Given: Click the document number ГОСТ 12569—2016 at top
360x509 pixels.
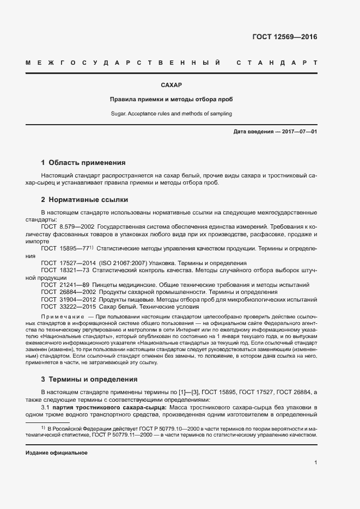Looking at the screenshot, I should [x=284, y=37].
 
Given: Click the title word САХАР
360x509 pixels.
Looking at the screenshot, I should [x=171, y=85].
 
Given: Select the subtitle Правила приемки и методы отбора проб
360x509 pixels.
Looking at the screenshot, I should [x=171, y=100].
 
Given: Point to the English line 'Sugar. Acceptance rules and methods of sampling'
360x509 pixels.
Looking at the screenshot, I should [x=171, y=114].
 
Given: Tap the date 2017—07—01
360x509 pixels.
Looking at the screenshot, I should [x=298, y=132].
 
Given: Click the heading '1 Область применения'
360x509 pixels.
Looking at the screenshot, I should [x=83, y=162].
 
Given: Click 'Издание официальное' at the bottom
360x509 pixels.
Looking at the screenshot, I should [x=57, y=453].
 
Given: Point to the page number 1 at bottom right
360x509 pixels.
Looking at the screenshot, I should [x=316, y=463].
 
